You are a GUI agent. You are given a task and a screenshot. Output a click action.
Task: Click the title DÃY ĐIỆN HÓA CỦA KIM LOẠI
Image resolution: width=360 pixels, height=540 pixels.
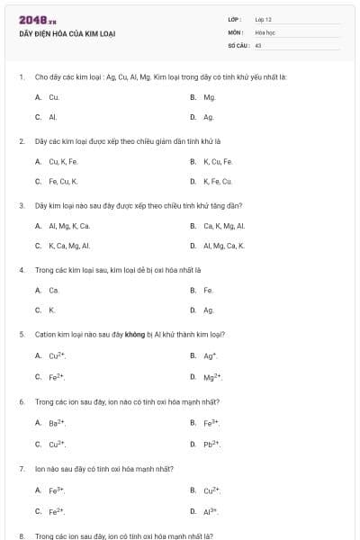click(x=67, y=33)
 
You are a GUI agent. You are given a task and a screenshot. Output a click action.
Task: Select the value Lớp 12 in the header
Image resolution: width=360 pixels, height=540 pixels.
click(x=263, y=19)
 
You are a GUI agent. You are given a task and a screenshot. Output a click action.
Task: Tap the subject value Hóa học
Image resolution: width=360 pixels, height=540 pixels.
click(x=265, y=31)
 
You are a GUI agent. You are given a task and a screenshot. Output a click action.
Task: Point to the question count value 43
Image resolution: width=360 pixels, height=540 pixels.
click(x=258, y=44)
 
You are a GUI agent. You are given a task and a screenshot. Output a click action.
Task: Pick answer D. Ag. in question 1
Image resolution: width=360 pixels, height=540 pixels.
click(x=208, y=117)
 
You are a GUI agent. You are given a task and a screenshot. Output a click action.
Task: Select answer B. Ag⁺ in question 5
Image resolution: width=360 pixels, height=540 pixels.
click(x=209, y=355)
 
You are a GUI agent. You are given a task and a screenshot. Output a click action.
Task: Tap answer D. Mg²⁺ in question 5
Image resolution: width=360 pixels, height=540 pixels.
click(x=211, y=376)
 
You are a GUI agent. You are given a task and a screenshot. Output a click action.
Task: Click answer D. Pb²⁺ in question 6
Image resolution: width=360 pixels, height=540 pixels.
click(x=211, y=444)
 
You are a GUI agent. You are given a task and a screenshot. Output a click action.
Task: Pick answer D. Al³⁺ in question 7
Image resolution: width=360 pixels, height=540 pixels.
click(x=211, y=510)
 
